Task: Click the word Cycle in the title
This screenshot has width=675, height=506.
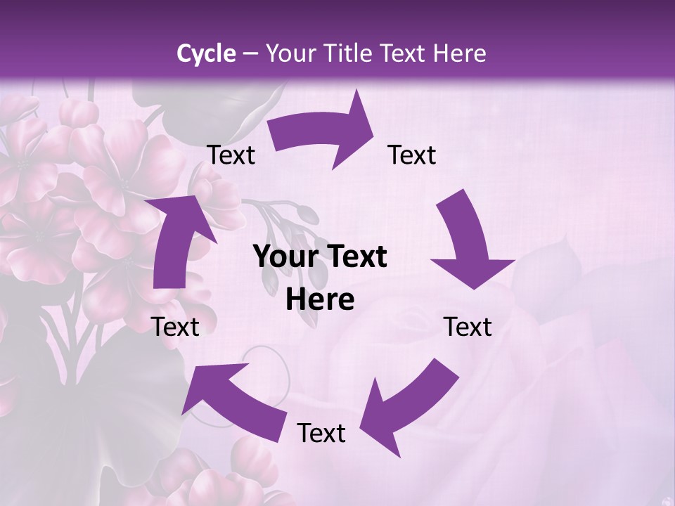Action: (206, 53)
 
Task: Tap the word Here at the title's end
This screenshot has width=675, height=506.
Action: (456, 53)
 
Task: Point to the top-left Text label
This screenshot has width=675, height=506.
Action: (231, 155)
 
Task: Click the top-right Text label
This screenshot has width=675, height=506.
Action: (412, 155)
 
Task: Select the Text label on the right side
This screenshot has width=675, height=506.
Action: (468, 327)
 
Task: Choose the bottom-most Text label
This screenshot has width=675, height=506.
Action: (321, 433)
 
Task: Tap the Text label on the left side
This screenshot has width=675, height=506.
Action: (175, 327)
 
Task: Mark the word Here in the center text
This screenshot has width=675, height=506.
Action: (320, 300)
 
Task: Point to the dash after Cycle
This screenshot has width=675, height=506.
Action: (250, 54)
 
